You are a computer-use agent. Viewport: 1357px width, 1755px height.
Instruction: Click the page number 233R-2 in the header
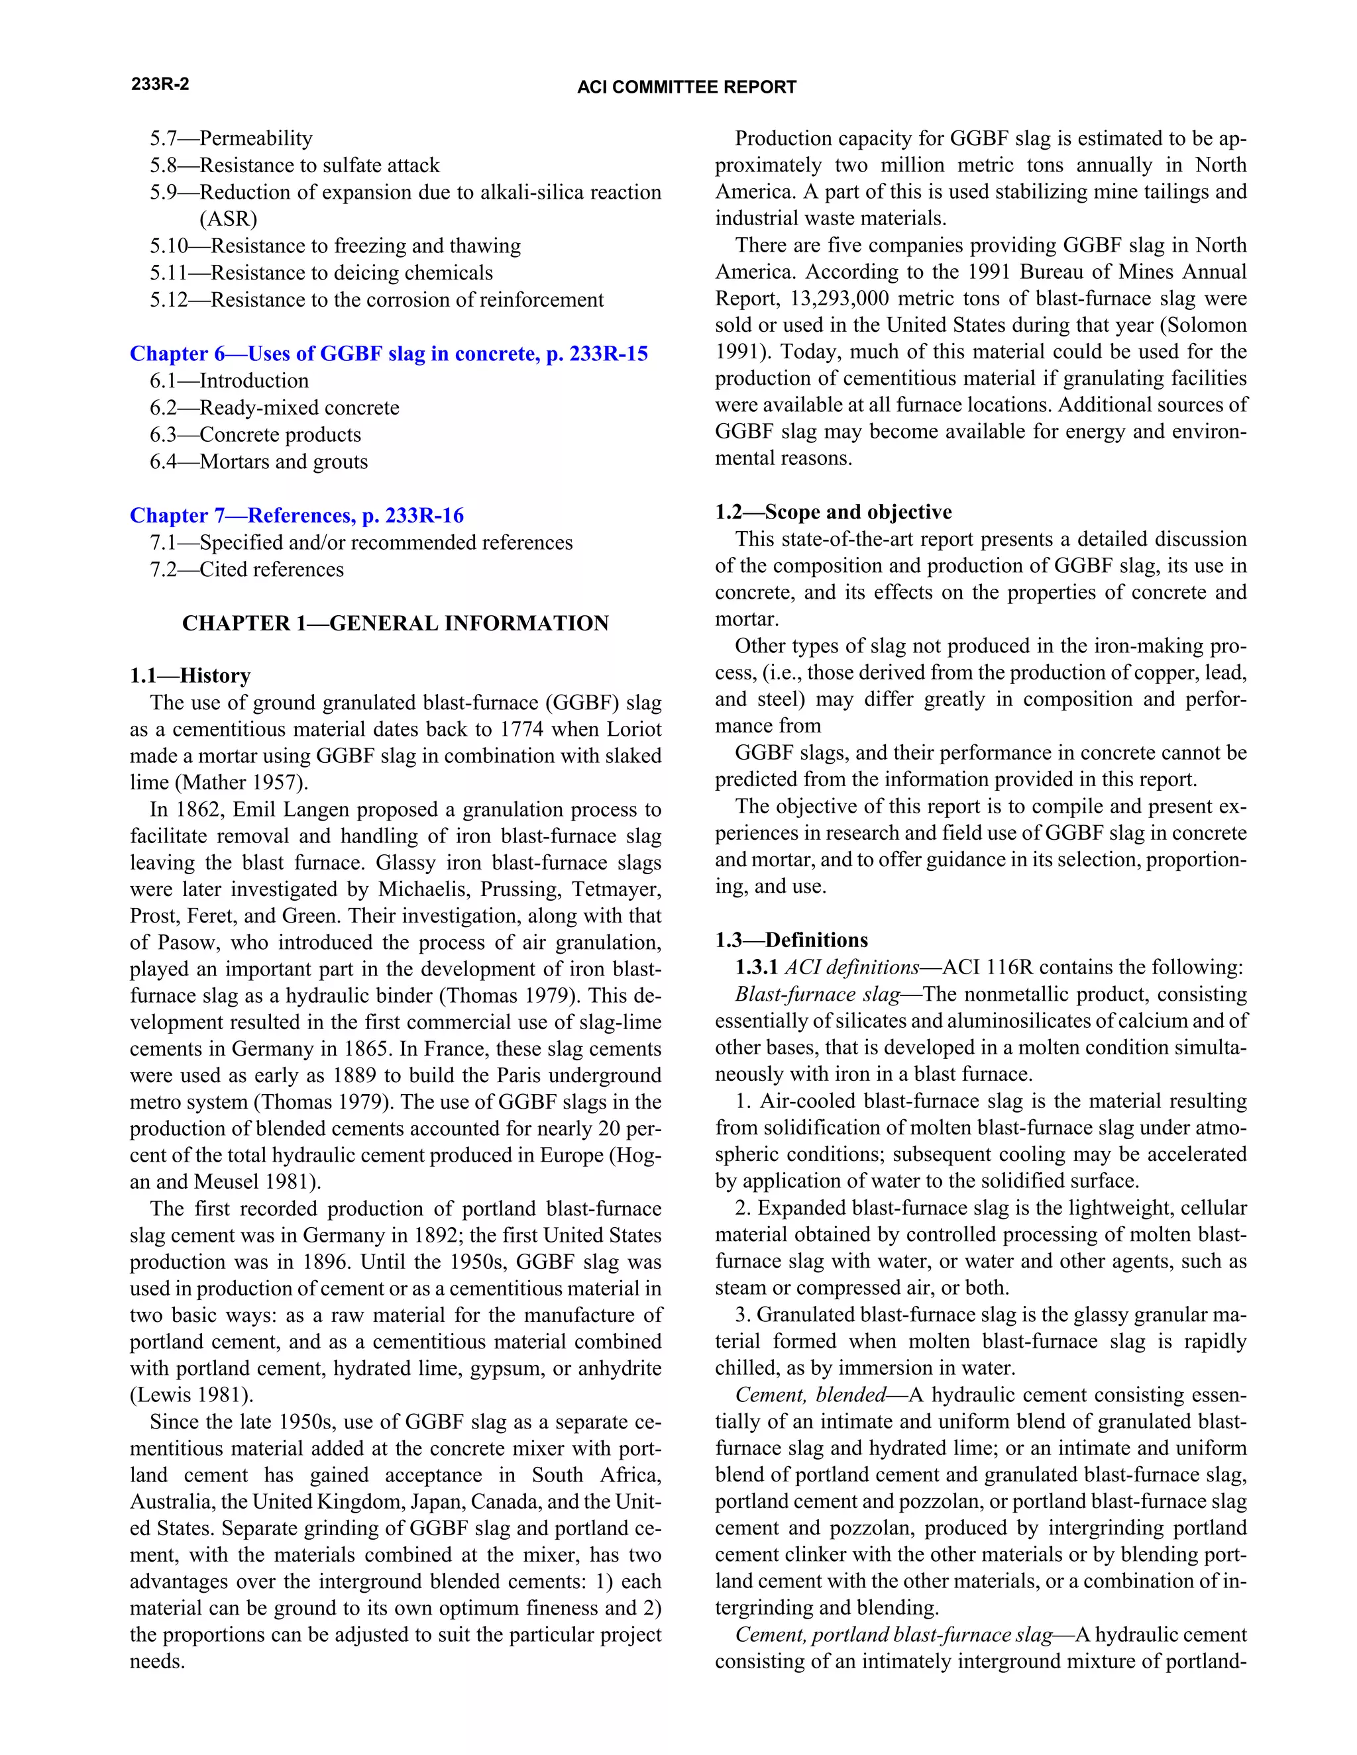click(160, 84)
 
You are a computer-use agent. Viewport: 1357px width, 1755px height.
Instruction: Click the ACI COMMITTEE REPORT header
click(686, 87)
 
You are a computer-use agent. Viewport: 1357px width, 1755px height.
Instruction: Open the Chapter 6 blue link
click(388, 354)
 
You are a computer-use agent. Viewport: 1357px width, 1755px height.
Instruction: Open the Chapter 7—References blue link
click(297, 515)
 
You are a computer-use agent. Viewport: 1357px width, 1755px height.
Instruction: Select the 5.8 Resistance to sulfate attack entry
click(294, 166)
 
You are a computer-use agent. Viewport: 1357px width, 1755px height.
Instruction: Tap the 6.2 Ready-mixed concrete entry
click(274, 407)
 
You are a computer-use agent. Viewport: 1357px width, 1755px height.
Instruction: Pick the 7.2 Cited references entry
click(246, 569)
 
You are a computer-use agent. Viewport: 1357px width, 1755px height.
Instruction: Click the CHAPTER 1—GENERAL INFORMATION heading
click(396, 624)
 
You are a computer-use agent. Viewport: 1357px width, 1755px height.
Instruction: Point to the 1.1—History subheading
click(191, 675)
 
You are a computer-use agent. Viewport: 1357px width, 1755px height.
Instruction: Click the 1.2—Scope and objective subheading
click(833, 512)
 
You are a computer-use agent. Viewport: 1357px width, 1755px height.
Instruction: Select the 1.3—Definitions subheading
click(791, 940)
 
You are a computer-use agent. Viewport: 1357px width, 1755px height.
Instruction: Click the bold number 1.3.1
click(755, 968)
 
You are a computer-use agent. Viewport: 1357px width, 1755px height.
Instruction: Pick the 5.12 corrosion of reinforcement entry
click(376, 300)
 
